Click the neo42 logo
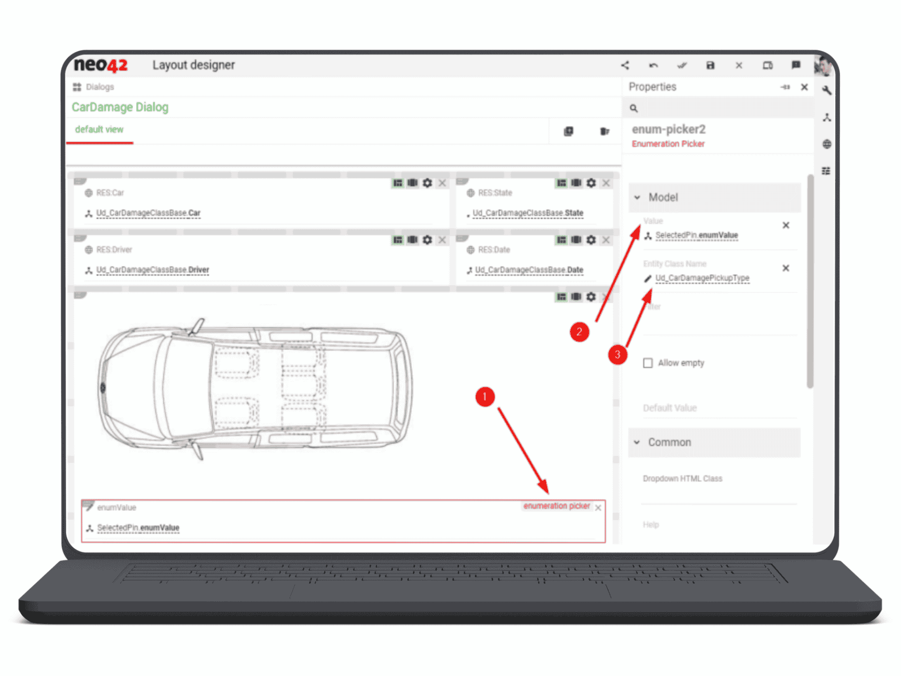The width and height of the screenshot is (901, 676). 100,65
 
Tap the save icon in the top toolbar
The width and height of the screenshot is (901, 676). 710,66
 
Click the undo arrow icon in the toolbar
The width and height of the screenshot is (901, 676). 653,66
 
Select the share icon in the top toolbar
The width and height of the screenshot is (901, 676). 625,66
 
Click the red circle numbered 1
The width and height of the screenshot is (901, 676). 485,397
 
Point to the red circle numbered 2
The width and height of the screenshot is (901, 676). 580,332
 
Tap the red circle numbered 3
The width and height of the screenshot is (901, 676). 618,354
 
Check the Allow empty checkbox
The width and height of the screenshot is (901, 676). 648,363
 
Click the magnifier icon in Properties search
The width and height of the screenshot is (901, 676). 634,108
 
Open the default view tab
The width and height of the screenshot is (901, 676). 99,130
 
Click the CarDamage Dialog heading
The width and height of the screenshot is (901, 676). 120,108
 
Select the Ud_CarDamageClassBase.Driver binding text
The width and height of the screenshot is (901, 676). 153,270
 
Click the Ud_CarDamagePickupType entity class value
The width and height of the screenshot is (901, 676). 702,278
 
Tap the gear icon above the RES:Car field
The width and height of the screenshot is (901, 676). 427,183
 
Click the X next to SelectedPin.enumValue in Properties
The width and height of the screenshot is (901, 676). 786,226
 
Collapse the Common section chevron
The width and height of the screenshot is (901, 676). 637,442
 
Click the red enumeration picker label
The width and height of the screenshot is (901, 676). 557,506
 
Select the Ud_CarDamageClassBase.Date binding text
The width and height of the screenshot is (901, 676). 529,270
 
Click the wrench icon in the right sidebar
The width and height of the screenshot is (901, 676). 827,91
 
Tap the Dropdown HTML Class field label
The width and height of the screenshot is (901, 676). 682,479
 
